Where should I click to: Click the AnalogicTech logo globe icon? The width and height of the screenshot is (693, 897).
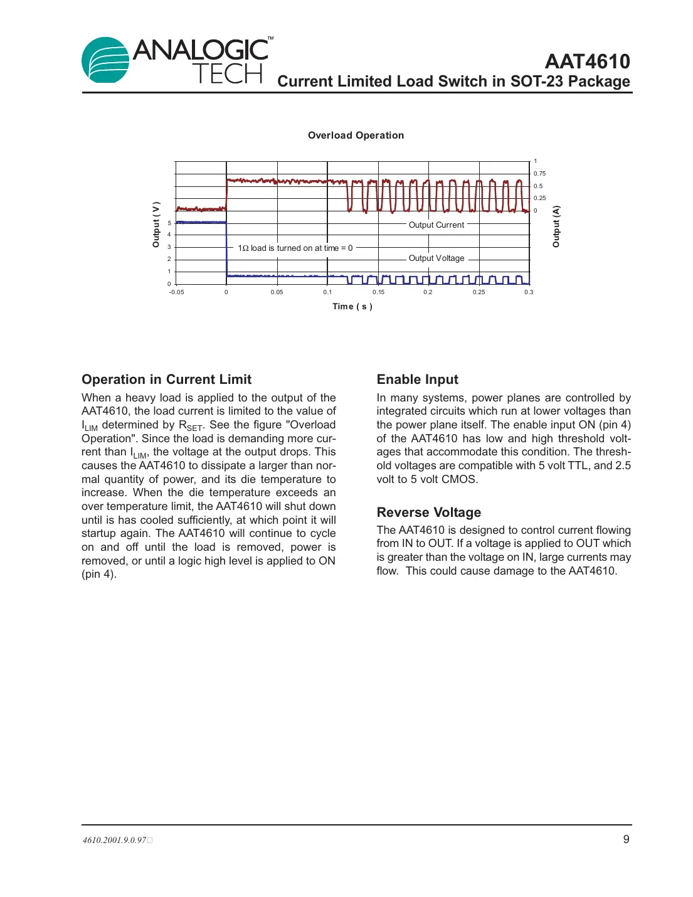[x=105, y=60]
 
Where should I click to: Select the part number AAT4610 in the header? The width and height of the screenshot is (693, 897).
[x=587, y=61]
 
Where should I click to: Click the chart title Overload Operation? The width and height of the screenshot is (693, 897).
[x=356, y=135]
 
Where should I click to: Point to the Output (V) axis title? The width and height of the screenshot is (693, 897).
[x=156, y=225]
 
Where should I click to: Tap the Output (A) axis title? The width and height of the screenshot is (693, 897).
[x=556, y=226]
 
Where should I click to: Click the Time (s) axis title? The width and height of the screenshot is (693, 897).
[x=352, y=307]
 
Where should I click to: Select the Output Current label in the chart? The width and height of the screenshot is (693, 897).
[x=436, y=225]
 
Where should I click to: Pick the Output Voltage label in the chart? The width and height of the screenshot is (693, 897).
[x=436, y=258]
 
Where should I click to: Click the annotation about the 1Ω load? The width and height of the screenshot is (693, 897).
[x=295, y=248]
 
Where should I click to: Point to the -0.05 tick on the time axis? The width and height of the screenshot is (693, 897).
[x=176, y=292]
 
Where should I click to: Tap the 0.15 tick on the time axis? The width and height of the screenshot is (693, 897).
[x=378, y=292]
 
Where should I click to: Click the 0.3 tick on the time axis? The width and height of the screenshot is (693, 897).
[x=529, y=292]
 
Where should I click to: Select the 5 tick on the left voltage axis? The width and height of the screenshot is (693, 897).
[x=169, y=223]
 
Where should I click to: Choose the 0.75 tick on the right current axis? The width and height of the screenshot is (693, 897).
[x=539, y=174]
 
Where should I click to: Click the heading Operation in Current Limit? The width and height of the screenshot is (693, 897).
[x=166, y=379]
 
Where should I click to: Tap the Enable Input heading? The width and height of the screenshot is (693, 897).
[x=417, y=379]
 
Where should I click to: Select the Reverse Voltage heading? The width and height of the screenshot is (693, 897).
[x=428, y=512]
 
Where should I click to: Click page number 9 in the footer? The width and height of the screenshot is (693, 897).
[x=626, y=839]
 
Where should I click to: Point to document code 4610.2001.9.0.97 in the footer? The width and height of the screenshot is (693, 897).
[x=115, y=840]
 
